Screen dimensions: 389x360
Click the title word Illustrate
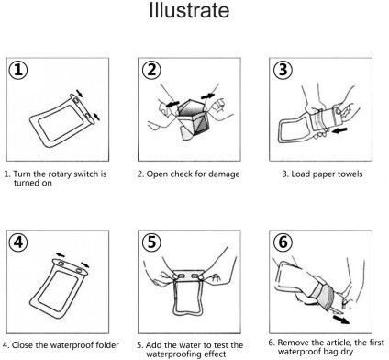[189, 10]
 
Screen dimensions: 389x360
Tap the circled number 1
[18, 70]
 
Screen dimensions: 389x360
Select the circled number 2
[151, 70]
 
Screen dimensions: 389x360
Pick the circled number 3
[283, 70]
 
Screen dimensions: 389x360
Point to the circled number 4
[18, 242]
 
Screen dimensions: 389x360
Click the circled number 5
[151, 242]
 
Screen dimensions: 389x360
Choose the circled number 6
[283, 242]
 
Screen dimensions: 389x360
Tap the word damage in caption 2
[223, 174]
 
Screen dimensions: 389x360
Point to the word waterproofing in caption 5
[175, 354]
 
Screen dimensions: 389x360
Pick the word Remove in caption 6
[293, 343]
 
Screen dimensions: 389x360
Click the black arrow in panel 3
[339, 130]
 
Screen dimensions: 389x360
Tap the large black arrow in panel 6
[341, 320]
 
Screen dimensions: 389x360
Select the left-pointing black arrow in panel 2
[172, 104]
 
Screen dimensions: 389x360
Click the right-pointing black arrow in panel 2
[208, 96]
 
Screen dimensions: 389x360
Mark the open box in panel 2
[192, 118]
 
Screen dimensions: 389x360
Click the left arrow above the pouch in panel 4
[61, 254]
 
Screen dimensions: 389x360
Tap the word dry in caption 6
[347, 352]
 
